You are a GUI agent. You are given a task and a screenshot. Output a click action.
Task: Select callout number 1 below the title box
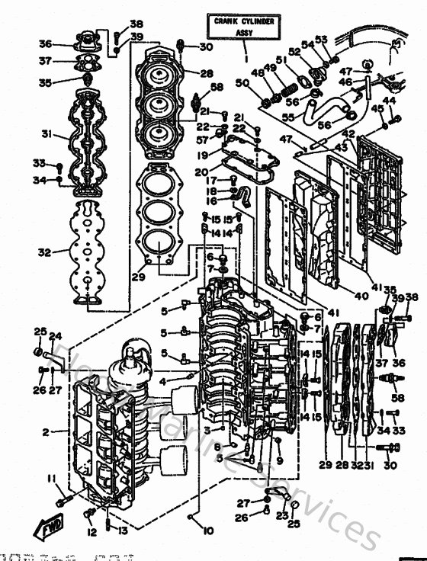[246, 58]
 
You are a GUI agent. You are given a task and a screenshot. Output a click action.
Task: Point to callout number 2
[46, 432]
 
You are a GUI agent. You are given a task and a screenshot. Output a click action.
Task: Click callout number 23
[284, 515]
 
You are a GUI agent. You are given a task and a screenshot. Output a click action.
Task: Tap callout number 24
[55, 336]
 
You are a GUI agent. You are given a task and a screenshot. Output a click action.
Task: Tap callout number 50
[242, 82]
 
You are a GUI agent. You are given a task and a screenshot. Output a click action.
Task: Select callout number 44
[389, 100]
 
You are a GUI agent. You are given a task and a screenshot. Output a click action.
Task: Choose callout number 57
[201, 141]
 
